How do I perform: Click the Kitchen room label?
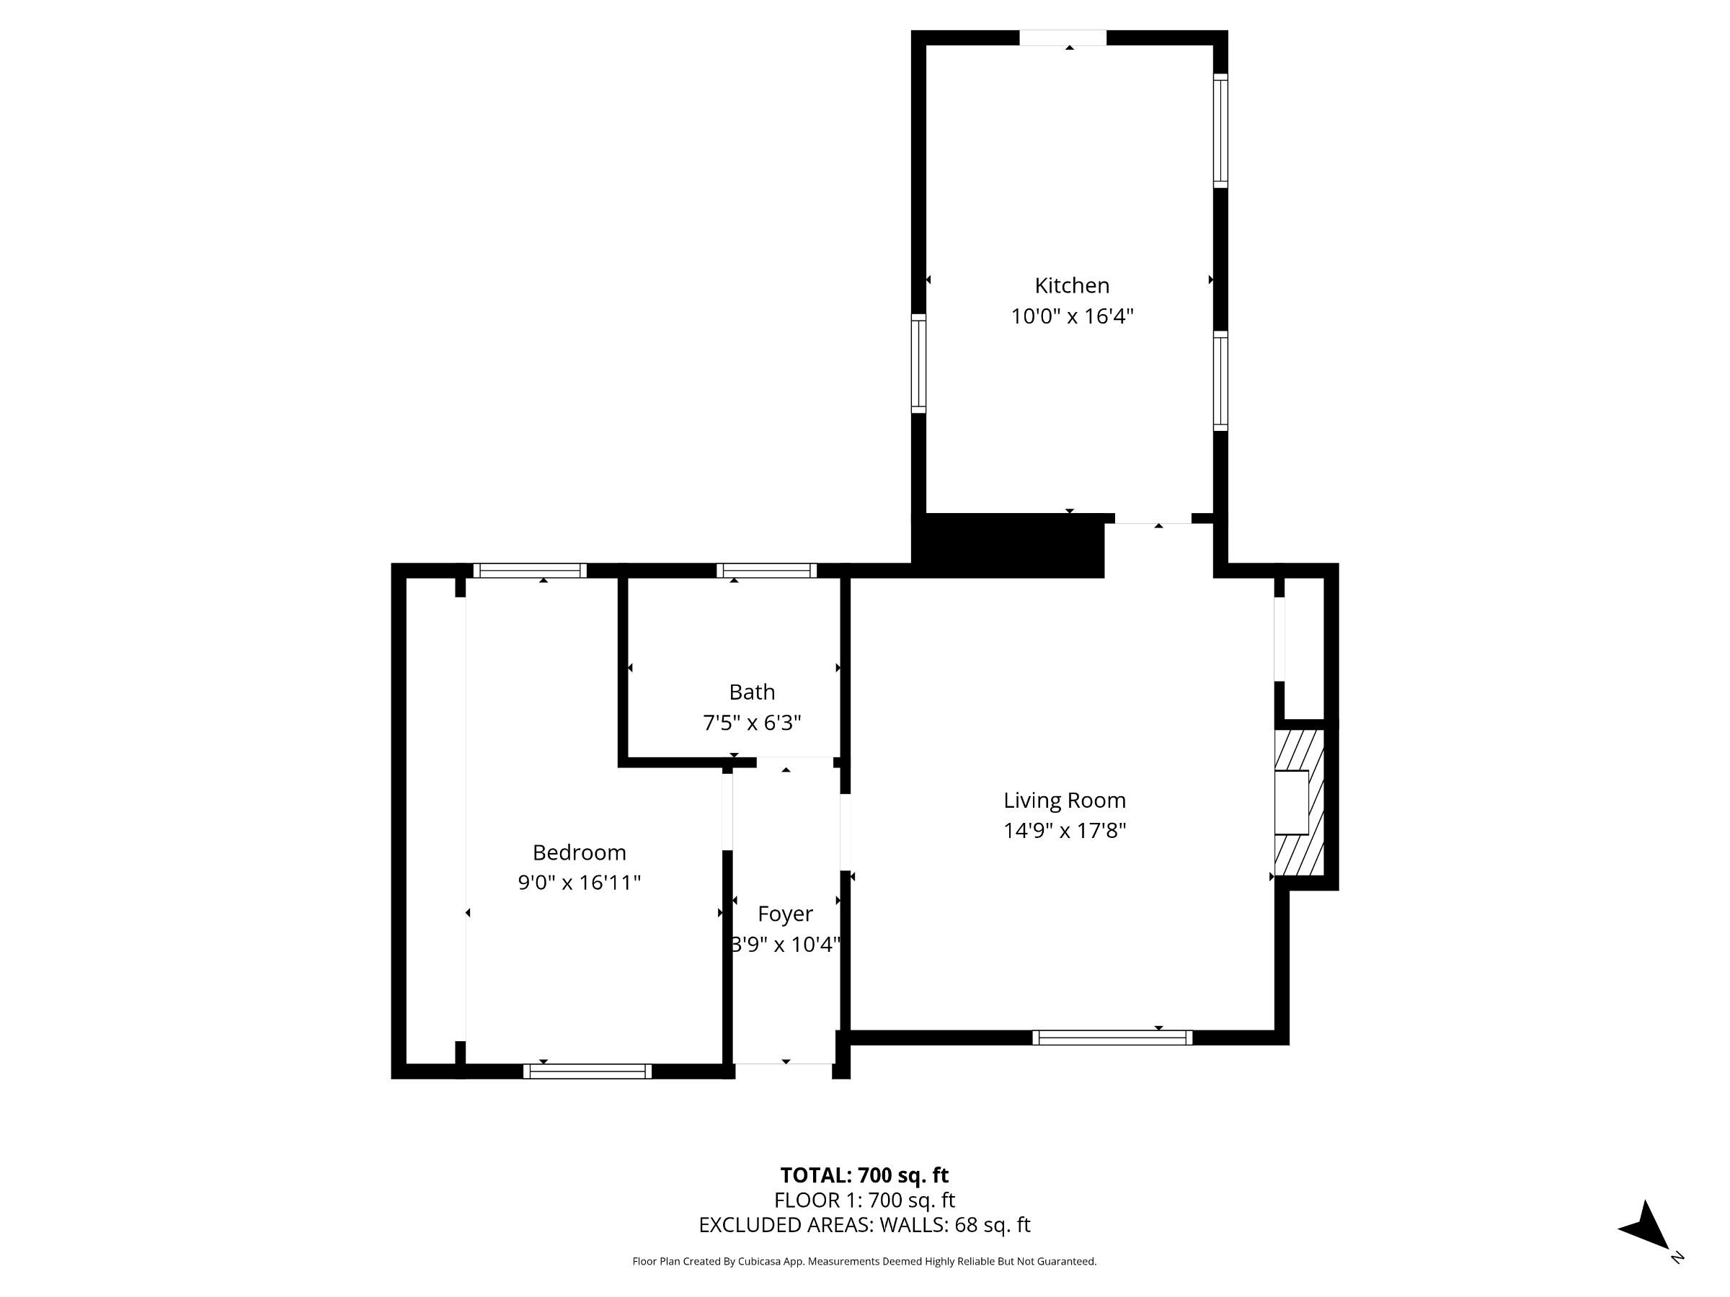(x=1071, y=285)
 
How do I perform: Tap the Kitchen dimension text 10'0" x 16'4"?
(x=1071, y=316)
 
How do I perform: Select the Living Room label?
(x=1065, y=801)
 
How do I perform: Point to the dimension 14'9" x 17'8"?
(x=1065, y=831)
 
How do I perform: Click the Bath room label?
(x=752, y=692)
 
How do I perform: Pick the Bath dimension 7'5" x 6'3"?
(x=752, y=723)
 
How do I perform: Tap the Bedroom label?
(x=579, y=852)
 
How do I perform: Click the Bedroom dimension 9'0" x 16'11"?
(x=579, y=883)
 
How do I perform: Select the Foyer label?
(x=785, y=914)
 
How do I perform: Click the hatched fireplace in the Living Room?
(x=1299, y=803)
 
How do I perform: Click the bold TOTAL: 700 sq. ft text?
(x=864, y=1175)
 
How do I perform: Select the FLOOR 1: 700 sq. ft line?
(x=864, y=1200)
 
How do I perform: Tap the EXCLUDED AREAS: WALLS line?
(x=864, y=1225)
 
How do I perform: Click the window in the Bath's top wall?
(x=766, y=571)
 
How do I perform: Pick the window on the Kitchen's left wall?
(x=919, y=364)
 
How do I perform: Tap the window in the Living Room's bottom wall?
(x=1112, y=1038)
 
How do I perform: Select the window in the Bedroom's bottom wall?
(x=587, y=1071)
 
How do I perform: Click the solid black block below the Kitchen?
(x=1009, y=545)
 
